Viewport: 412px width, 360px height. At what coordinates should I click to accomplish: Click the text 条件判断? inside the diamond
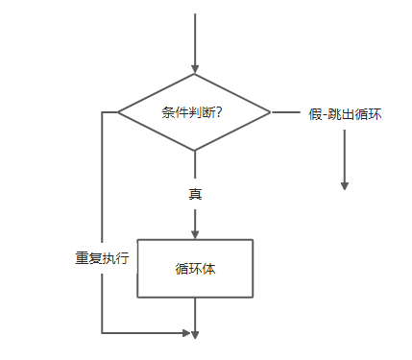(x=194, y=112)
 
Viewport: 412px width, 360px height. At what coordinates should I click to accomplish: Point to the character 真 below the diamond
(x=195, y=193)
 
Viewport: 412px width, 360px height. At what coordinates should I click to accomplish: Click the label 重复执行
(x=103, y=258)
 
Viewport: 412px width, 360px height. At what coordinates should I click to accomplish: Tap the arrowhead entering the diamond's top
(x=195, y=69)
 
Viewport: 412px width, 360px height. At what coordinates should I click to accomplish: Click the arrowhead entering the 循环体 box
(x=195, y=233)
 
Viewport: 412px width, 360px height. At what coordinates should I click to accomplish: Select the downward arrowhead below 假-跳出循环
(x=344, y=186)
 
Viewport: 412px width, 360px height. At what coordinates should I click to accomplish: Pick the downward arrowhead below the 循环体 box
(x=195, y=335)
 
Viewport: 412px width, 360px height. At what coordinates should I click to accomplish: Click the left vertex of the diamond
(x=118, y=112)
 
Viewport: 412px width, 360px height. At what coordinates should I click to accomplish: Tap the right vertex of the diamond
(x=272, y=112)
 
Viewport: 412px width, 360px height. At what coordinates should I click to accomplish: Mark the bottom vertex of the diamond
(x=195, y=151)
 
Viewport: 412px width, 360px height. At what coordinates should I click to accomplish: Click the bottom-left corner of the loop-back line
(x=101, y=333)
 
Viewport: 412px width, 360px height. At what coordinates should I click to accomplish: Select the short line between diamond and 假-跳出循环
(x=286, y=112)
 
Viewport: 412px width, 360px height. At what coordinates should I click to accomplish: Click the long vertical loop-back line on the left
(x=101, y=192)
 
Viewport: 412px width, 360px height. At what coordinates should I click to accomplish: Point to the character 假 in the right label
(x=316, y=113)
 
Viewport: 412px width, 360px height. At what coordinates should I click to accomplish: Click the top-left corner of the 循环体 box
(x=137, y=239)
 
